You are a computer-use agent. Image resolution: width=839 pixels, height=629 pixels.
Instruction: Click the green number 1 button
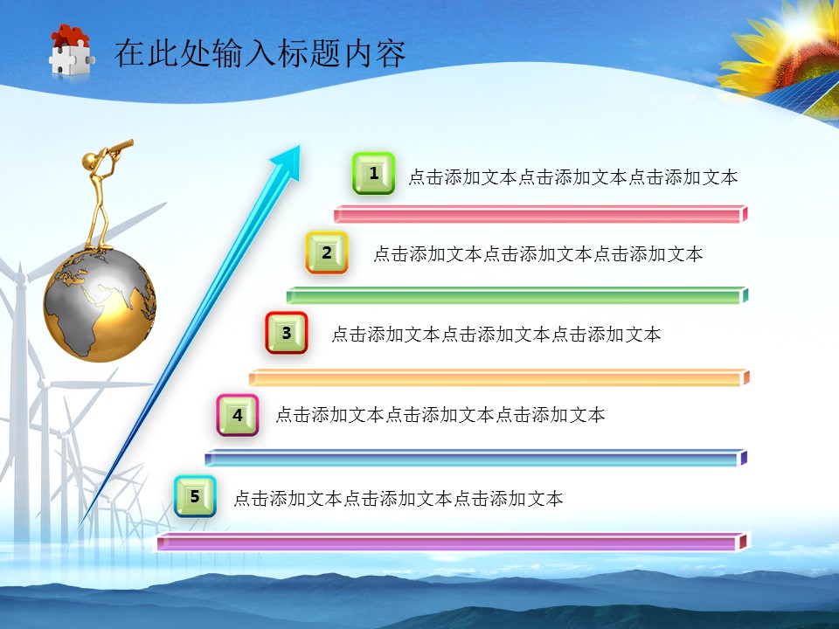[373, 173]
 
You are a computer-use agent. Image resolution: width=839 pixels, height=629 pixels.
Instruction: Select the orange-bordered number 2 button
[327, 252]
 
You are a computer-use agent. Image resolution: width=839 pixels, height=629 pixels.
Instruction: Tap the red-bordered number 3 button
[287, 333]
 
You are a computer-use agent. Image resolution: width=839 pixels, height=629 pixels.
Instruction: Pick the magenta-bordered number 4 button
[238, 415]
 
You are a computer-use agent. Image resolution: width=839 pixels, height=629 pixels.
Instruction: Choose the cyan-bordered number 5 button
[195, 496]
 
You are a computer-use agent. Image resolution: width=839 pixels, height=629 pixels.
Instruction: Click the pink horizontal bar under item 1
[540, 214]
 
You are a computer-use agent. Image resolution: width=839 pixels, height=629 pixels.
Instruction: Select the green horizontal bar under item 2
[517, 296]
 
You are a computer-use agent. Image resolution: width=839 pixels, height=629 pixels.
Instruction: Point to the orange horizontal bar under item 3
[498, 377]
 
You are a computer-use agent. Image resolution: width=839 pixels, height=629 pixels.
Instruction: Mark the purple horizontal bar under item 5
[451, 543]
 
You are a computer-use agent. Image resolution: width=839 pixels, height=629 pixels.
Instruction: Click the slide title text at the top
[260, 53]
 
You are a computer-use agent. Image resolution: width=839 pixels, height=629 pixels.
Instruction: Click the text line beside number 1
[572, 177]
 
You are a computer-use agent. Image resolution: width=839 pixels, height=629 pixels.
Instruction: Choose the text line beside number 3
[496, 334]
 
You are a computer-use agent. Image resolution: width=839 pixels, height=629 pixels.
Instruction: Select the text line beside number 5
[398, 499]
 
